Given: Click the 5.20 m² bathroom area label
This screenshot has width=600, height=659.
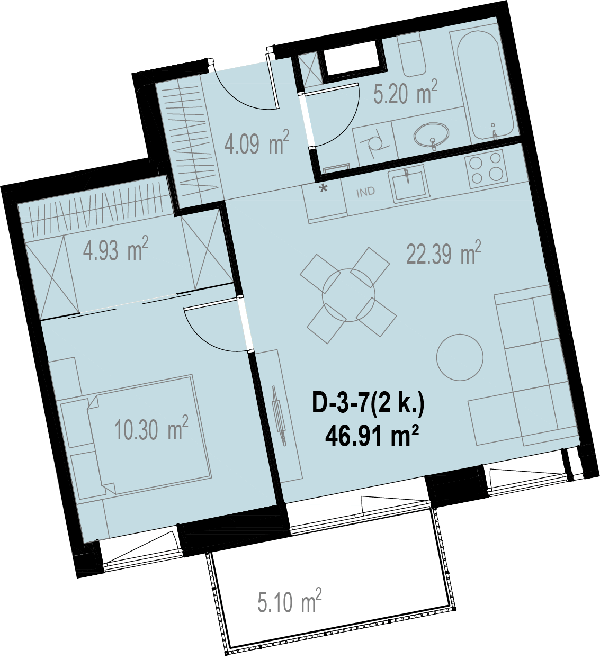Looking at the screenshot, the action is [x=405, y=92].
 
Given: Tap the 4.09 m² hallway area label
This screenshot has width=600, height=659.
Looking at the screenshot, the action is [x=256, y=142].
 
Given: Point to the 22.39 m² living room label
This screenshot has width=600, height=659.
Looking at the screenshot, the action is [x=443, y=252].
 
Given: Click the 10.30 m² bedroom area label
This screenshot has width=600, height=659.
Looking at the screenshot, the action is [x=151, y=428].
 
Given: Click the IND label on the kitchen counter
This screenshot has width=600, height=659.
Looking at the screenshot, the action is [x=365, y=192].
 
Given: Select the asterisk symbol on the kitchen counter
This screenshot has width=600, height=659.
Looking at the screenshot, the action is [x=324, y=188].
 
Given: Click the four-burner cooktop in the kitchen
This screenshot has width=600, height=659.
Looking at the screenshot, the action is [x=486, y=169].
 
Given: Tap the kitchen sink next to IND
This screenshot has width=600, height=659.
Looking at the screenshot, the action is [x=409, y=184].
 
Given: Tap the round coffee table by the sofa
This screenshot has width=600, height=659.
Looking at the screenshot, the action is [x=460, y=357].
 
